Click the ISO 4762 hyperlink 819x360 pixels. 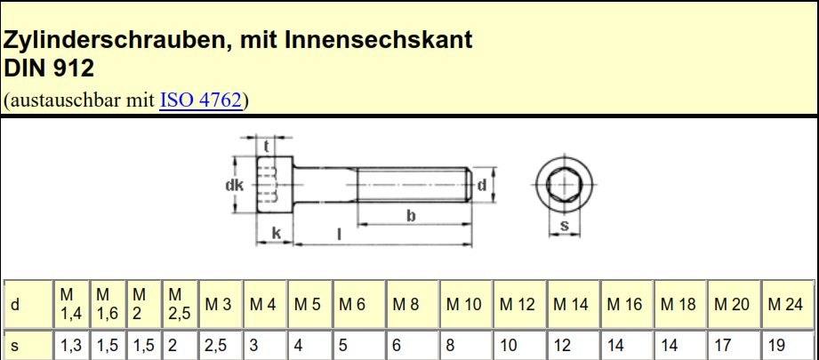(x=201, y=100)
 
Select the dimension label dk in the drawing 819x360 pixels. (x=234, y=185)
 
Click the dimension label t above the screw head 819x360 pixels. (x=267, y=147)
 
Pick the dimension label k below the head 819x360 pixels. (x=277, y=234)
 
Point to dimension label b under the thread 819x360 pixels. (x=411, y=215)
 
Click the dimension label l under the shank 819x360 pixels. (x=340, y=235)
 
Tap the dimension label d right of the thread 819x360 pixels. (x=482, y=184)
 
